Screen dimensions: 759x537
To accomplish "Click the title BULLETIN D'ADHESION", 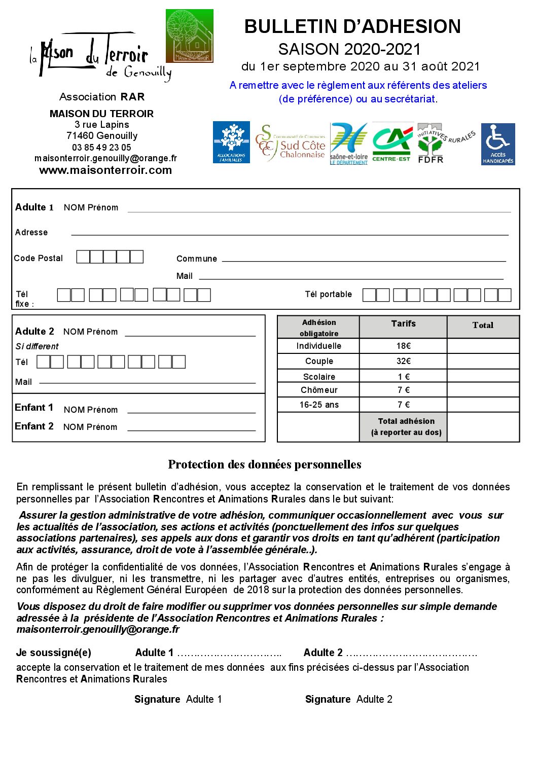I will (x=352, y=27).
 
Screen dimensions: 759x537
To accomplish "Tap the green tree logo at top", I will (x=190, y=36).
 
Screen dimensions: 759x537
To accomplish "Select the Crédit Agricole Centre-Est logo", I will (x=391, y=143).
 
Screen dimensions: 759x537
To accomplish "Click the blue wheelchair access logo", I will (x=497, y=144).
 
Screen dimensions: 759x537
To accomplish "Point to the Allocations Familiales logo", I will (x=231, y=142).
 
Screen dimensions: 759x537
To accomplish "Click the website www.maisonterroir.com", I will (x=105, y=170).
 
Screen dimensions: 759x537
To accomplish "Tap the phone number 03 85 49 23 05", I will (x=101, y=148).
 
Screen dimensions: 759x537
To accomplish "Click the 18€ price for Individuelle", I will (x=404, y=346).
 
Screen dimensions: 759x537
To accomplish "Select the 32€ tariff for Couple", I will (x=404, y=361).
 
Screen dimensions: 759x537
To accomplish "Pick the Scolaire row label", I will (x=319, y=377).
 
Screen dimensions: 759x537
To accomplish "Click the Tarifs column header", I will (x=404, y=323).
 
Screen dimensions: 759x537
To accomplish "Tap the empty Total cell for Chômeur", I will (x=483, y=390).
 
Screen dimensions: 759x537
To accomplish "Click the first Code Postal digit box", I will (x=83, y=257).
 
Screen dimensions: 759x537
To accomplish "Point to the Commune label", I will (x=197, y=259).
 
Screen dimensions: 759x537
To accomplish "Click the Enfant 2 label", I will (x=34, y=426).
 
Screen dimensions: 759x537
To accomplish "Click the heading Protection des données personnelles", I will (x=265, y=464).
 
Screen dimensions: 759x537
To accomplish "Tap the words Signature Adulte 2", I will (x=348, y=699).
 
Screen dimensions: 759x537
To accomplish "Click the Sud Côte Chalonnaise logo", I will (x=291, y=143).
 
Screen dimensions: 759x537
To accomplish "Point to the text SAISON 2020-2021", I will (x=349, y=49).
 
